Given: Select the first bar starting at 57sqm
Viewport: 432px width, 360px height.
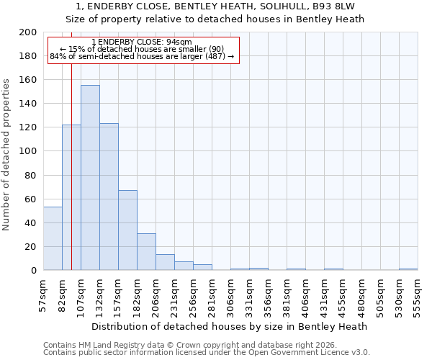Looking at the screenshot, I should click(53, 238).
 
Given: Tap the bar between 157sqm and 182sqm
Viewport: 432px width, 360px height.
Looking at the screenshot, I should click(127, 230).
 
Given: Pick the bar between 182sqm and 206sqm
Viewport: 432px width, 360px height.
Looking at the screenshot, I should click(146, 252).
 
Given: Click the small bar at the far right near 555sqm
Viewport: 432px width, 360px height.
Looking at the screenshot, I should click(408, 269).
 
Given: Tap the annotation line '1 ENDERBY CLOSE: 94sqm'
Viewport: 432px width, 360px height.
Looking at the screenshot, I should click(142, 42).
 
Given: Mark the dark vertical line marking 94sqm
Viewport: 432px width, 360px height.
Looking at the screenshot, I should click(71, 180).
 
